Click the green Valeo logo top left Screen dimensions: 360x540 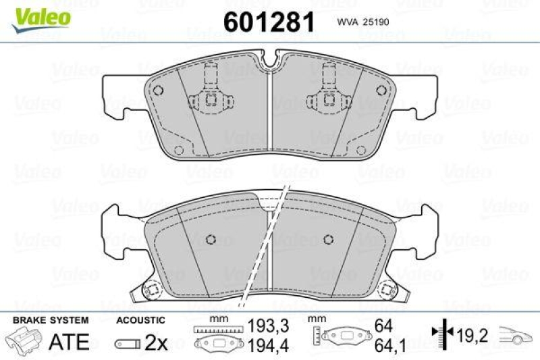point(38,15)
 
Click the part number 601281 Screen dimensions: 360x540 point(269,22)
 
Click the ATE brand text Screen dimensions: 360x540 point(70,341)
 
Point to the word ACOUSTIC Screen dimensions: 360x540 point(140,320)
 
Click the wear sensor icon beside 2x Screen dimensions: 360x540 point(128,343)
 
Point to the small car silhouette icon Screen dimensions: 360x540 point(516,335)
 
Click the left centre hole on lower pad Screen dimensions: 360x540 point(209,239)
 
